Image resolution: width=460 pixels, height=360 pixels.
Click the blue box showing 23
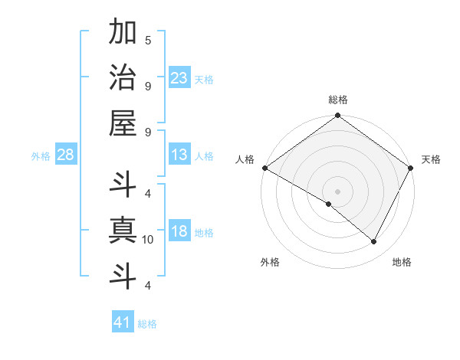pyautogui.click(x=179, y=78)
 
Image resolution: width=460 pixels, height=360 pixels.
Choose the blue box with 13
pyautogui.click(x=179, y=155)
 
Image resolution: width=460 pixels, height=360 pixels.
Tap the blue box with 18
pyautogui.click(x=179, y=232)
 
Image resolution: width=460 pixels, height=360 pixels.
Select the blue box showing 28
pyautogui.click(x=66, y=155)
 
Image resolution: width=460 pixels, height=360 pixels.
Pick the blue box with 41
pyautogui.click(x=123, y=322)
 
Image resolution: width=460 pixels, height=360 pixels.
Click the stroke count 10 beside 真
pyautogui.click(x=148, y=240)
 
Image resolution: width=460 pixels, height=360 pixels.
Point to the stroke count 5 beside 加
pyautogui.click(x=148, y=40)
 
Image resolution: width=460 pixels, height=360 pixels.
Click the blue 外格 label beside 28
pyautogui.click(x=41, y=156)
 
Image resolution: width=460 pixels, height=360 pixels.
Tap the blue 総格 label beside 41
pyautogui.click(x=147, y=324)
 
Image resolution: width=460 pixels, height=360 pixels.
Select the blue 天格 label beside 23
pyautogui.click(x=204, y=79)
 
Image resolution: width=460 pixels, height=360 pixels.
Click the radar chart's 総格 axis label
pyautogui.click(x=338, y=100)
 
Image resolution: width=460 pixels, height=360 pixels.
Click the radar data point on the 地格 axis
pyautogui.click(x=374, y=242)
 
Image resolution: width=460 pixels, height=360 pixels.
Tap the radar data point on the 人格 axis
pyautogui.click(x=264, y=168)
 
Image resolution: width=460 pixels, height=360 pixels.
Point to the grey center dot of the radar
pyautogui.click(x=338, y=191)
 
